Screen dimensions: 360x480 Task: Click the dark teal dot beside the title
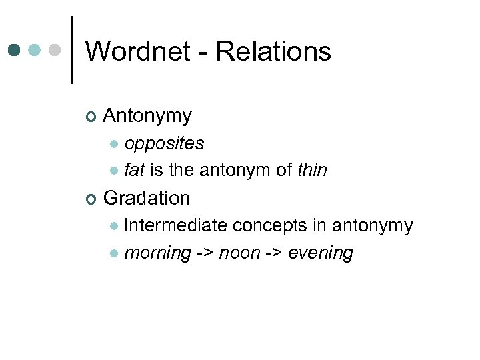pyautogui.click(x=15, y=50)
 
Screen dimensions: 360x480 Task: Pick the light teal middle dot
pyautogui.click(x=35, y=50)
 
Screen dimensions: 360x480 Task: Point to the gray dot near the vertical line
pyautogui.click(x=56, y=50)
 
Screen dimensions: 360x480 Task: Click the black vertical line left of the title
pyautogui.click(x=72, y=50)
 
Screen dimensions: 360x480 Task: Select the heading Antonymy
pyautogui.click(x=147, y=117)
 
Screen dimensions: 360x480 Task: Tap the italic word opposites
pyautogui.click(x=164, y=143)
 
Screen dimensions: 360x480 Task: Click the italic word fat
pyautogui.click(x=134, y=171)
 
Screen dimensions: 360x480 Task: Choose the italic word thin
pyautogui.click(x=312, y=171)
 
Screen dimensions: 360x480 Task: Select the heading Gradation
pyautogui.click(x=147, y=198)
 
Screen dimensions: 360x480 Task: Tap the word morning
pyautogui.click(x=157, y=254)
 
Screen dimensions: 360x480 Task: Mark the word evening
pyautogui.click(x=320, y=254)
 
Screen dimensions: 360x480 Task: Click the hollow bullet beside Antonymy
pyautogui.click(x=91, y=118)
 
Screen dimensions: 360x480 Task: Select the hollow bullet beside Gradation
pyautogui.click(x=91, y=199)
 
